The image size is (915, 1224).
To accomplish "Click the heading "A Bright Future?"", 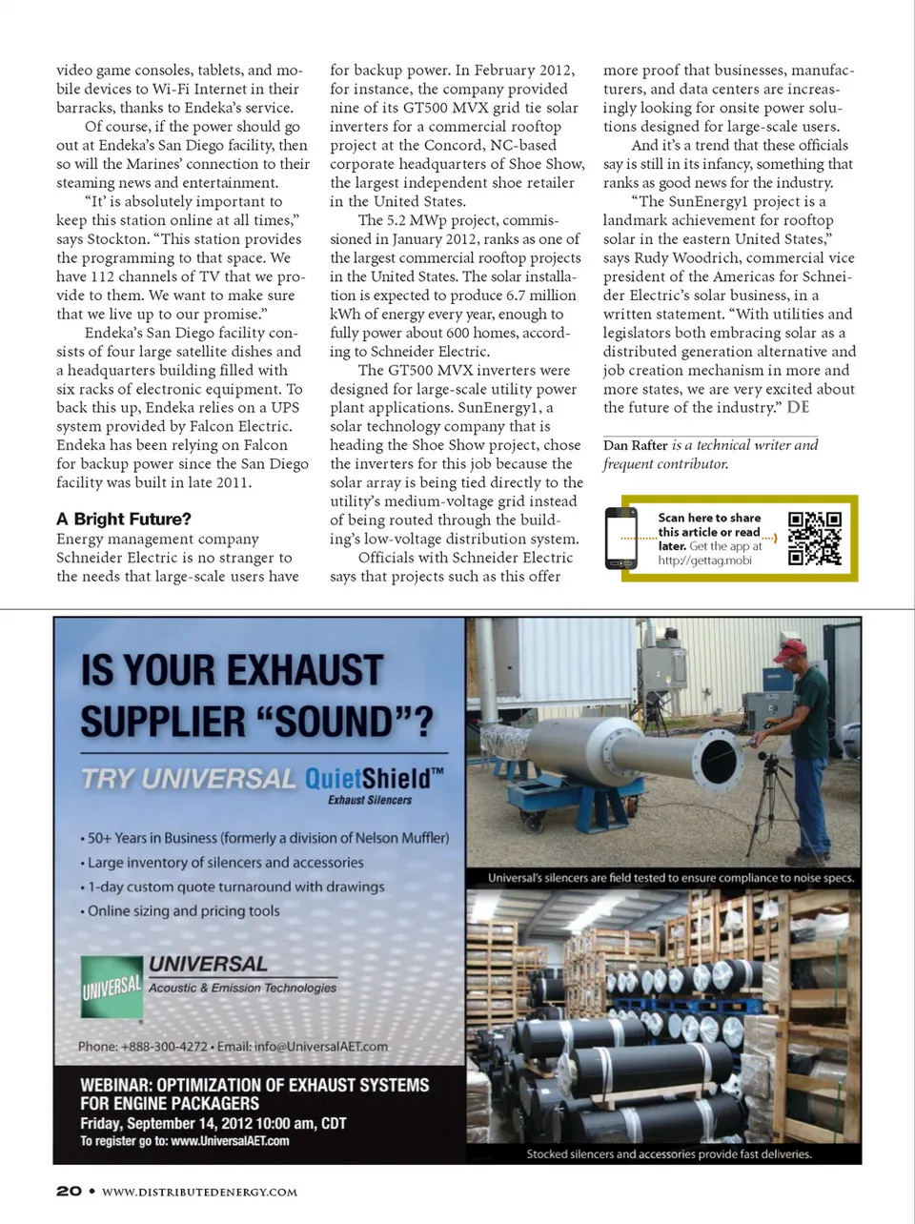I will pyautogui.click(x=124, y=519).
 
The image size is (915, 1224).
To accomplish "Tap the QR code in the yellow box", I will pyautogui.click(x=815, y=539).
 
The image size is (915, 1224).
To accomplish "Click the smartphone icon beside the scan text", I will pyautogui.click(x=621, y=538).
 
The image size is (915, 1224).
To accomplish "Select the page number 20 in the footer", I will pyautogui.click(x=69, y=1191).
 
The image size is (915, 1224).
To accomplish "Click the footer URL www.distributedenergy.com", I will pyautogui.click(x=199, y=1192).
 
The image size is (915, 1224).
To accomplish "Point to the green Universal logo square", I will pyautogui.click(x=112, y=988).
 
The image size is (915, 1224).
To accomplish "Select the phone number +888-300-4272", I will pyautogui.click(x=164, y=1046).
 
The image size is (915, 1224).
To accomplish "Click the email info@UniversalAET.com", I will pyautogui.click(x=321, y=1046).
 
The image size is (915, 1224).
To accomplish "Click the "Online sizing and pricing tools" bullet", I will pyautogui.click(x=183, y=910).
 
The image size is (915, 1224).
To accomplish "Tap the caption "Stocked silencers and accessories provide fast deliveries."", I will pyautogui.click(x=669, y=1153).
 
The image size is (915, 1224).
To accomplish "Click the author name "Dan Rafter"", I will pyautogui.click(x=636, y=445).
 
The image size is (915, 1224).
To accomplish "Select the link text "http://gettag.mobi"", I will pyautogui.click(x=704, y=561).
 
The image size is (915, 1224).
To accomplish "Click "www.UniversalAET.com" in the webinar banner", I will pyautogui.click(x=230, y=1141).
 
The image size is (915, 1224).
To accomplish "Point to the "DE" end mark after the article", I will pyautogui.click(x=798, y=407).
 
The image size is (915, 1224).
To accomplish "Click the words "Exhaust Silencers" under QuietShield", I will pyautogui.click(x=370, y=800).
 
